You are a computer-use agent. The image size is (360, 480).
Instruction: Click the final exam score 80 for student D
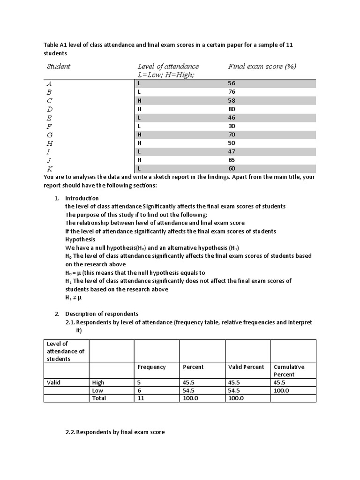tap(232, 109)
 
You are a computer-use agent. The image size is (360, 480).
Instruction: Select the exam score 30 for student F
tap(232, 126)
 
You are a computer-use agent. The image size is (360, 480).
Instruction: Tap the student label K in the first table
tap(49, 168)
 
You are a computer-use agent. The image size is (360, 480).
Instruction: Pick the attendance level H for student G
tap(139, 135)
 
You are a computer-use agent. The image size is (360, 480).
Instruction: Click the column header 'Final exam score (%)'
tap(262, 67)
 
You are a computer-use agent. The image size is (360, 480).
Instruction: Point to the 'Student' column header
tap(58, 67)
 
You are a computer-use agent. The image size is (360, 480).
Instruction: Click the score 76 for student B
tap(232, 92)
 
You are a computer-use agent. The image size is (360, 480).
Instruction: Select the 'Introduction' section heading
tap(82, 198)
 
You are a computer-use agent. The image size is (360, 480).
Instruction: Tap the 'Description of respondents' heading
tap(102, 314)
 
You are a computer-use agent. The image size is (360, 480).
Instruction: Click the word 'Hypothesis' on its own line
tap(80, 240)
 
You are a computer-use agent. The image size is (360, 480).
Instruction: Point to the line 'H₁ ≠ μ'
tap(73, 298)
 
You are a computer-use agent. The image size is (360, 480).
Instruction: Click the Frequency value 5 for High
tap(139, 382)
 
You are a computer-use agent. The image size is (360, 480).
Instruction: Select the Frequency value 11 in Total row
tap(141, 398)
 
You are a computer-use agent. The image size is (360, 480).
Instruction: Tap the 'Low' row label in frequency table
tap(98, 390)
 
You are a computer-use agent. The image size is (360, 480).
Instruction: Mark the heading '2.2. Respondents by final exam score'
tap(115, 432)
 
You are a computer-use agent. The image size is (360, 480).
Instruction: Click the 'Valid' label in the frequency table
tap(54, 382)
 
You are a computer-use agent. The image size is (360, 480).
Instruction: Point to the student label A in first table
tap(49, 84)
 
